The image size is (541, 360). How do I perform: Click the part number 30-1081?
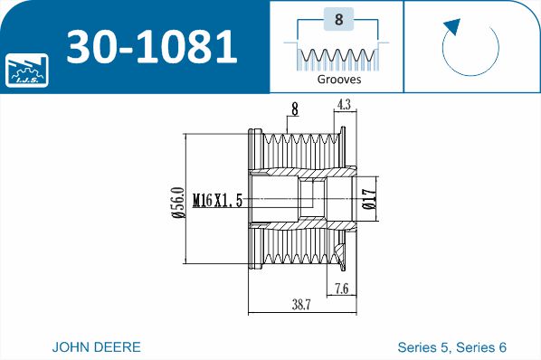point(152,46)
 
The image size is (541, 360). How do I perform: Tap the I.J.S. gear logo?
point(26,70)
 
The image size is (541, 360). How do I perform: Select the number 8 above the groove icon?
point(338,19)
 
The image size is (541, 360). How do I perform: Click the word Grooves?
point(339,80)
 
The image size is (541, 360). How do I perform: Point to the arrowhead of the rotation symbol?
point(453,26)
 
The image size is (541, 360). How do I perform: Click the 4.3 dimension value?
point(345,104)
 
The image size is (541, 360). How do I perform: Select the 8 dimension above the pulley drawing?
point(294,109)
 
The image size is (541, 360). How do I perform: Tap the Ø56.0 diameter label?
point(179,203)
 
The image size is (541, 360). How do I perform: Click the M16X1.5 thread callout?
point(218,200)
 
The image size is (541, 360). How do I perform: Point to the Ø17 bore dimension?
point(369,199)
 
